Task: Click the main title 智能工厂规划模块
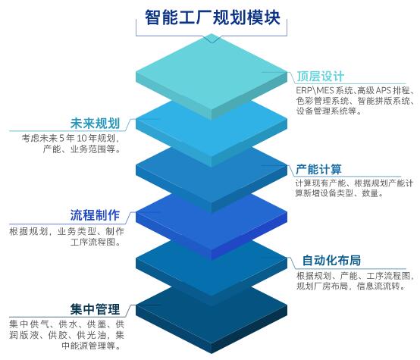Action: pyautogui.click(x=212, y=17)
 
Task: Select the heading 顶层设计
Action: pyautogui.click(x=321, y=77)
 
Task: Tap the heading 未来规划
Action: pyautogui.click(x=95, y=124)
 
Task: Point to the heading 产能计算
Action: pyautogui.click(x=318, y=169)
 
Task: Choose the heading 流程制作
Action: pyautogui.click(x=95, y=215)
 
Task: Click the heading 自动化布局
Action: pyautogui.click(x=331, y=261)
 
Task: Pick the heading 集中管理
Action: pyautogui.click(x=95, y=309)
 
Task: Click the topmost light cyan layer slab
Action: pyautogui.click(x=212, y=77)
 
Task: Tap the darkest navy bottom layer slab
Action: pyautogui.click(x=212, y=320)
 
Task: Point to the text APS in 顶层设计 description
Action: pyautogui.click(x=384, y=90)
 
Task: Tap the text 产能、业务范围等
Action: pyautogui.click(x=81, y=149)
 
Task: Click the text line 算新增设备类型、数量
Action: pyautogui.click(x=340, y=193)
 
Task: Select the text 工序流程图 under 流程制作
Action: pyautogui.click(x=96, y=242)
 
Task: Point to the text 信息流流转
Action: pyautogui.click(x=381, y=286)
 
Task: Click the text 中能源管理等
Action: pyautogui.click(x=91, y=346)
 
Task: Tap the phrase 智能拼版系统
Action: pyautogui.click(x=384, y=101)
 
